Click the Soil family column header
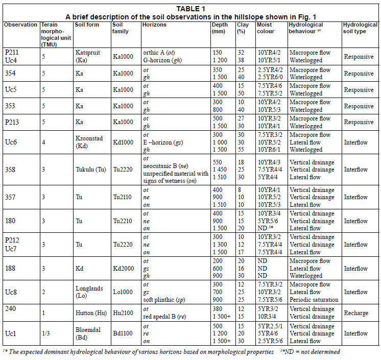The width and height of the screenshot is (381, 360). [121, 28]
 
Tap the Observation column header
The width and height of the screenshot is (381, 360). [20, 25]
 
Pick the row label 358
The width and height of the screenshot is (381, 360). [10, 167]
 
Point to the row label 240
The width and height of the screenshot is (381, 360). [10, 308]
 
